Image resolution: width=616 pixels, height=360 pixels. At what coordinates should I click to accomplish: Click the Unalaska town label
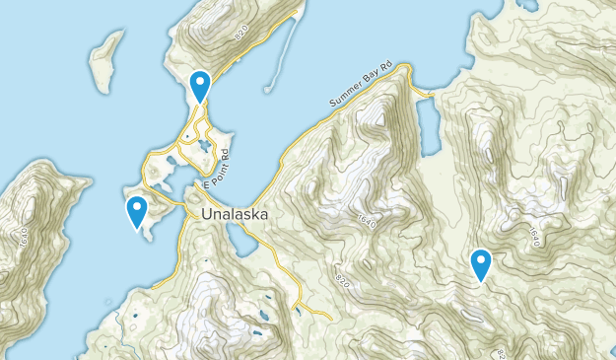coord(237,213)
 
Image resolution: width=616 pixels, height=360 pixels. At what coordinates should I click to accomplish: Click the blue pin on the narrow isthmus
coord(200,87)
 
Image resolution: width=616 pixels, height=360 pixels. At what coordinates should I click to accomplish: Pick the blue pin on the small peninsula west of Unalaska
coord(137,210)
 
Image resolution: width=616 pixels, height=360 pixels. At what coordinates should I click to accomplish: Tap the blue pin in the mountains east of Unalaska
coord(481,264)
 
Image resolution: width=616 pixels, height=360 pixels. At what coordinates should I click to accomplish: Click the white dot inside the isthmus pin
coord(200,82)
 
